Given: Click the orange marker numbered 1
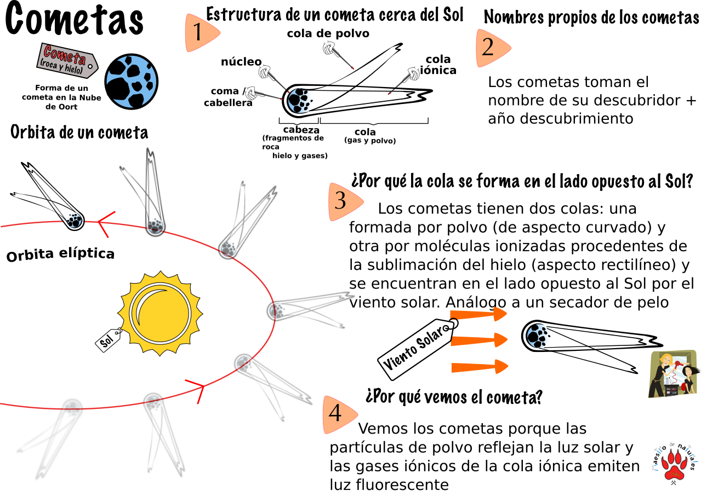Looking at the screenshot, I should coord(201,33).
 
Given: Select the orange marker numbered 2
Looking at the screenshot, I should coord(491,48).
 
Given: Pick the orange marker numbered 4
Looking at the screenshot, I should coord(338,414).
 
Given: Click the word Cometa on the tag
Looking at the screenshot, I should coord(64,55).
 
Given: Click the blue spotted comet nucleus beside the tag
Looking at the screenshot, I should coord(132,82).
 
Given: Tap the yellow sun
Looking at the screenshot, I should coord(160,313).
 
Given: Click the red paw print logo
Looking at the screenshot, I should coord(674,465).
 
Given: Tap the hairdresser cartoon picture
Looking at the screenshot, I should coord(672,374).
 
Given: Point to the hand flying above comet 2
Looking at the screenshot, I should coord(330,49).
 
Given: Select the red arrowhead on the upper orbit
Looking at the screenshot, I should coord(105,223).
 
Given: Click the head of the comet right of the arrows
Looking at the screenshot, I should coord(538,335).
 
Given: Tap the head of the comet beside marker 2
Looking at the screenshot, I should coord(299,100).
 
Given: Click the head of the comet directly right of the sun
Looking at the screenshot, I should coord(277,310).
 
